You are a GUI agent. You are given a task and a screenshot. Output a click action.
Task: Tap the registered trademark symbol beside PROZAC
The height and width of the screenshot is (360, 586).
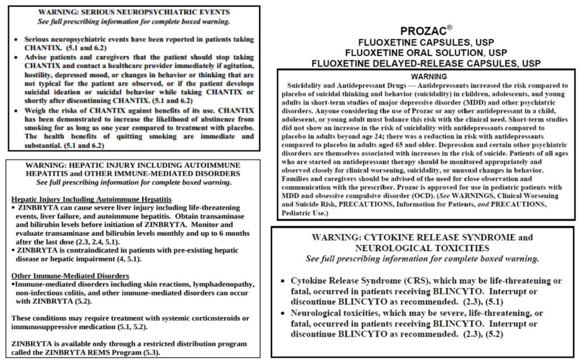(x=449, y=27)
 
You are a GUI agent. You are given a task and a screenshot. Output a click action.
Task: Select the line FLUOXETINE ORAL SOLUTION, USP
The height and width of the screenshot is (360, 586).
(x=426, y=53)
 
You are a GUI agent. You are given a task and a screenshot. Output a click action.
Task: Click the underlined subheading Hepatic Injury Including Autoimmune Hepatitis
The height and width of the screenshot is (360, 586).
(x=91, y=200)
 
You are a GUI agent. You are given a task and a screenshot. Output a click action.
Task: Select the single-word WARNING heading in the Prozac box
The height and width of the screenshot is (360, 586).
(x=429, y=76)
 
